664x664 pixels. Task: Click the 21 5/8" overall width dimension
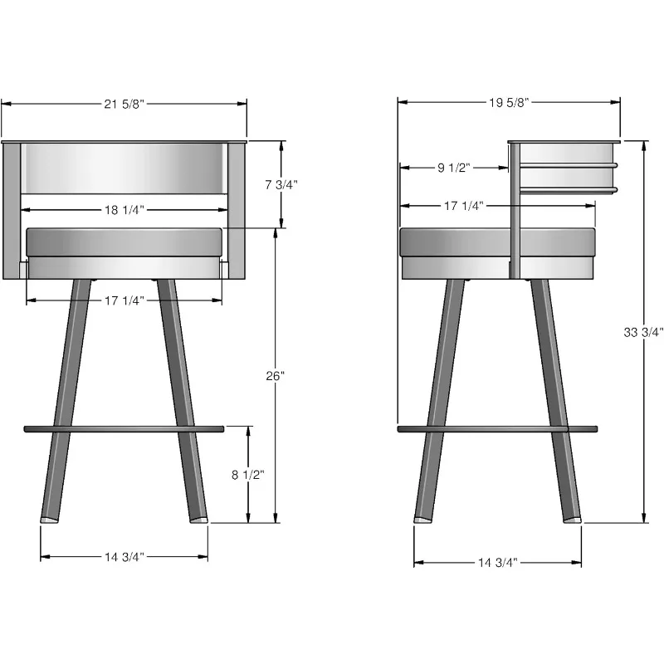coord(124,103)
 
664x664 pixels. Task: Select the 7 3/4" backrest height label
coord(281,185)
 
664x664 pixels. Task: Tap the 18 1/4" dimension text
coord(124,210)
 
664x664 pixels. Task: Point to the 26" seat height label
coord(276,376)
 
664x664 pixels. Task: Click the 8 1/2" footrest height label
coord(247,475)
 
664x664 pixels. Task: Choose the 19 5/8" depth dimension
coord(509,103)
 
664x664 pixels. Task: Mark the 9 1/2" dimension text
coord(454,168)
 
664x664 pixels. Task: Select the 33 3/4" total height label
coord(644,332)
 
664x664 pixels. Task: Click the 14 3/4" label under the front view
coord(124,556)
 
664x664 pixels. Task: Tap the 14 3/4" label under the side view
coord(498,563)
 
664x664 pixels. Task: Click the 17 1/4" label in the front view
coord(124,300)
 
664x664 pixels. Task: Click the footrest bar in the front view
coord(124,429)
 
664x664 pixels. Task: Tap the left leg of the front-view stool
coord(66,398)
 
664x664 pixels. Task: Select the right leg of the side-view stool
coord(556,398)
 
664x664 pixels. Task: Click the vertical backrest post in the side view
coord(515,207)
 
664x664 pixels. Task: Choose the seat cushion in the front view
coord(124,242)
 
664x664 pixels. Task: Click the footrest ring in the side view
coord(498,429)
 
